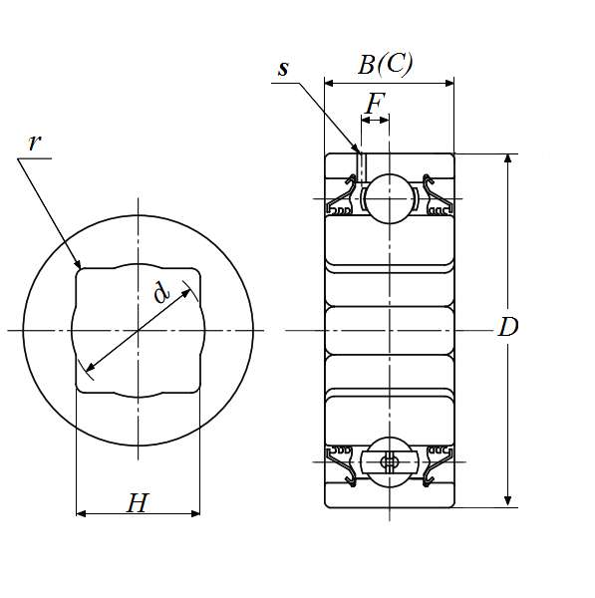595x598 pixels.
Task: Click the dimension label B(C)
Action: (x=386, y=64)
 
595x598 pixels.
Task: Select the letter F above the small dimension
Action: (x=375, y=103)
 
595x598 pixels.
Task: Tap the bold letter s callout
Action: (x=283, y=69)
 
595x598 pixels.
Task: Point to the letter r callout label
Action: (x=34, y=143)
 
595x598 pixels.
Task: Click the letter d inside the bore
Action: (x=161, y=292)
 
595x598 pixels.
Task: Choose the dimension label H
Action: (x=137, y=503)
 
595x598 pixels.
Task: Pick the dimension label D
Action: (x=508, y=327)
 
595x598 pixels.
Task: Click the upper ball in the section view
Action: (x=389, y=198)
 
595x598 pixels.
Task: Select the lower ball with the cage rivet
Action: (x=389, y=462)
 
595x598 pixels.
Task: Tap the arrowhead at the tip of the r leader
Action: (x=78, y=264)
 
